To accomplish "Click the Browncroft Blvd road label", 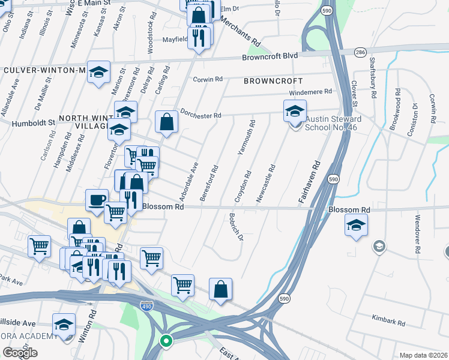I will point(270,56).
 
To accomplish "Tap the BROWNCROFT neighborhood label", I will point(273,80).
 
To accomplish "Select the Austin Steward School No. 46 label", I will point(331,123).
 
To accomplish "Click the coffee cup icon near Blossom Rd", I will point(97,200).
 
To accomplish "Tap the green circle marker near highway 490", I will point(166,342).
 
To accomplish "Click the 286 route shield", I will point(360,53).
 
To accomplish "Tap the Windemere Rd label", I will point(310,92).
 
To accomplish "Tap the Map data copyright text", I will point(424,355).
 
